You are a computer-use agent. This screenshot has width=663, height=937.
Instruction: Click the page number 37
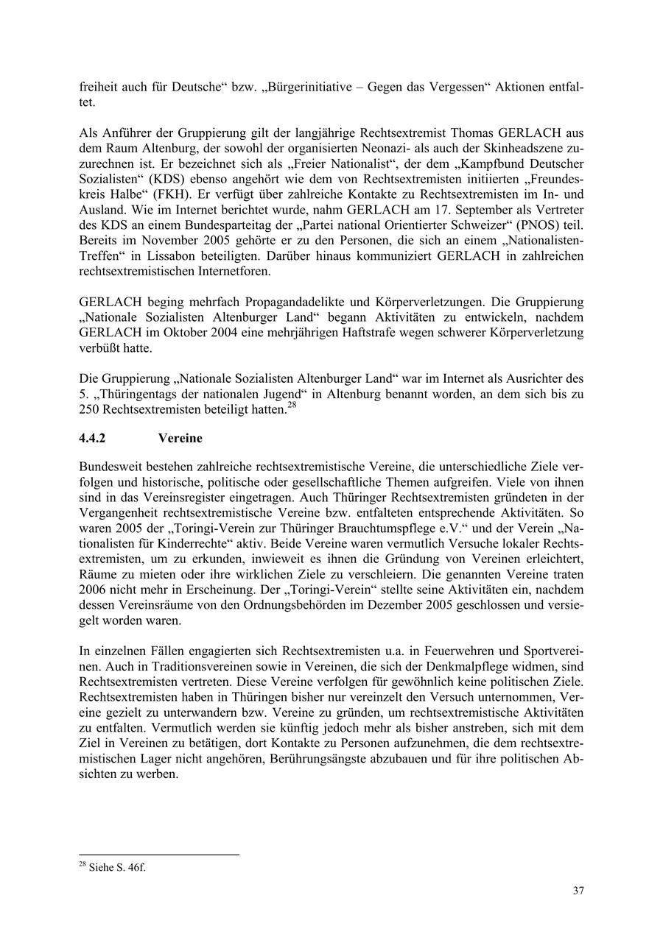pos(578,891)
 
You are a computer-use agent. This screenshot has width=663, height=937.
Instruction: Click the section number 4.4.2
pos(92,438)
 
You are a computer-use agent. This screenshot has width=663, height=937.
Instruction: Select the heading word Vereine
pos(180,438)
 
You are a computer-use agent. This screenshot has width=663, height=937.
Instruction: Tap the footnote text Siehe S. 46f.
pos(116,868)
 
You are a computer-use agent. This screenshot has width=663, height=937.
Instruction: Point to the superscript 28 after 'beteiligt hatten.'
pos(291,405)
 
